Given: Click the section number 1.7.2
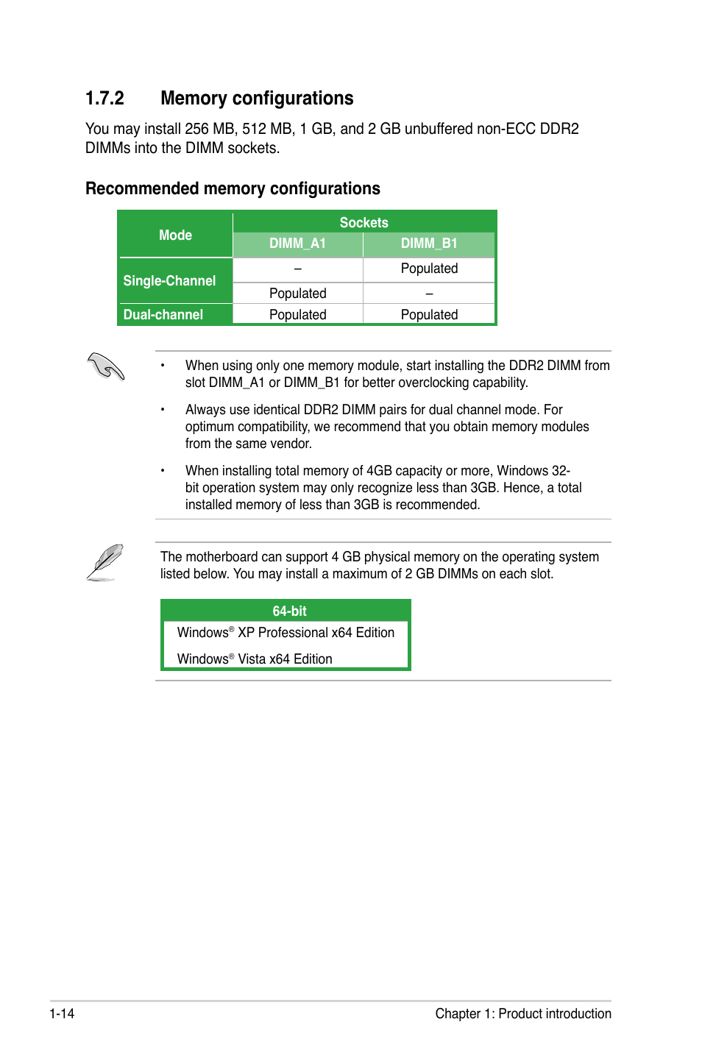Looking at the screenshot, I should click(x=104, y=99).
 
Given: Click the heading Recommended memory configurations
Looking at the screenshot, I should click(x=233, y=189).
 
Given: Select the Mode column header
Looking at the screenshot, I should click(x=175, y=235).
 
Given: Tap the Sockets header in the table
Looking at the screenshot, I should click(x=364, y=222).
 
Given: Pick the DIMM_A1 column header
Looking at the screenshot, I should click(x=297, y=244).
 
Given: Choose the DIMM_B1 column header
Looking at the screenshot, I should click(x=429, y=244).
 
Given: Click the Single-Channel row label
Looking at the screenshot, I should click(x=169, y=281).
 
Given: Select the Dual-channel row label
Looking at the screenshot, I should click(x=163, y=315).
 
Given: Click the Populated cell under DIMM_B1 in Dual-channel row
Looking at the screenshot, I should click(x=429, y=315).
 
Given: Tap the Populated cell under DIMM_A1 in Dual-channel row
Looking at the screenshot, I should click(x=297, y=315).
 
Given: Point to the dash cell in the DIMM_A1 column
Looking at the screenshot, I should click(x=297, y=269).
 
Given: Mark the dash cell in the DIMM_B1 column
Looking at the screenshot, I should click(x=429, y=294).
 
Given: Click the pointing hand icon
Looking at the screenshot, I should click(x=106, y=366).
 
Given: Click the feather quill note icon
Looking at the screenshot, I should click(x=104, y=563).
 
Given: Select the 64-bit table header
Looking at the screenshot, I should click(x=289, y=611).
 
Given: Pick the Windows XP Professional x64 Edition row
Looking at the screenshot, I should click(x=286, y=633).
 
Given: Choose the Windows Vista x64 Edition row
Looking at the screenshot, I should click(x=255, y=659).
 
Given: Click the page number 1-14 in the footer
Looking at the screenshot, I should click(x=62, y=1014).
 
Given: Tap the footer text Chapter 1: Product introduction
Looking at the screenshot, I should click(x=522, y=1014).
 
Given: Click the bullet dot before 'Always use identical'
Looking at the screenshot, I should click(x=163, y=410).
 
